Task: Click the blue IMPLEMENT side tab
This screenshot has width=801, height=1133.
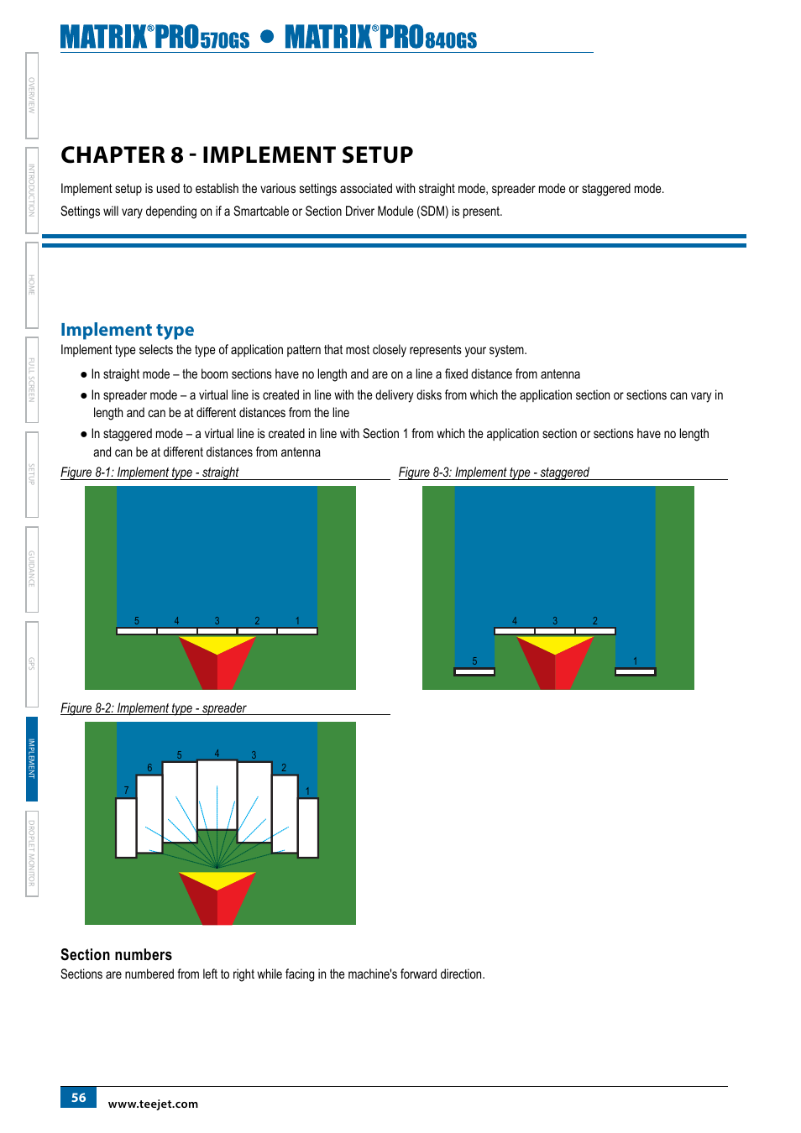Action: [x=32, y=758]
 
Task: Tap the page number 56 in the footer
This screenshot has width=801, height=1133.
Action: [x=78, y=1097]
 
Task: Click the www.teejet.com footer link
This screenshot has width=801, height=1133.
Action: [x=153, y=1104]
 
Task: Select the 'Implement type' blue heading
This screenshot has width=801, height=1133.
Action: [x=127, y=330]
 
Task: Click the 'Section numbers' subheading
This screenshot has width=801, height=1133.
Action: [x=116, y=955]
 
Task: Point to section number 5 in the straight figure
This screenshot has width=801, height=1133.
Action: [x=137, y=621]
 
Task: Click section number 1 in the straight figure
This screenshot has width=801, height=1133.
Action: [x=297, y=621]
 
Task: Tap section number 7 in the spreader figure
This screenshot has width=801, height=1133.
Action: [x=127, y=791]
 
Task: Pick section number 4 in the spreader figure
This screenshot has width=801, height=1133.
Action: [x=217, y=754]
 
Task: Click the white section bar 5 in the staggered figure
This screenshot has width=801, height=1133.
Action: [x=474, y=671]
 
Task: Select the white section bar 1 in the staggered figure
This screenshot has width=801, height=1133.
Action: [x=635, y=671]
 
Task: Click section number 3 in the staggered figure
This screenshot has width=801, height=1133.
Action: [x=555, y=621]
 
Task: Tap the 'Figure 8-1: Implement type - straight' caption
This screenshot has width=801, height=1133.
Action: [x=149, y=473]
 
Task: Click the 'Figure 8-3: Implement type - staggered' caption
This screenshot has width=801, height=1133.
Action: [x=494, y=473]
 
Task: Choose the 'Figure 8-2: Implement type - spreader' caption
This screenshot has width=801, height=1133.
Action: [x=153, y=708]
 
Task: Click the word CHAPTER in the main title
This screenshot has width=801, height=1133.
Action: [x=113, y=155]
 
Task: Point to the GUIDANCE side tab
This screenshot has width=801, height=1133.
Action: [x=32, y=569]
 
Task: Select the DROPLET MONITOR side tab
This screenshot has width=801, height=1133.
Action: [x=32, y=853]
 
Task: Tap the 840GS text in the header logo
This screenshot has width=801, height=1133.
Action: [x=451, y=40]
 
